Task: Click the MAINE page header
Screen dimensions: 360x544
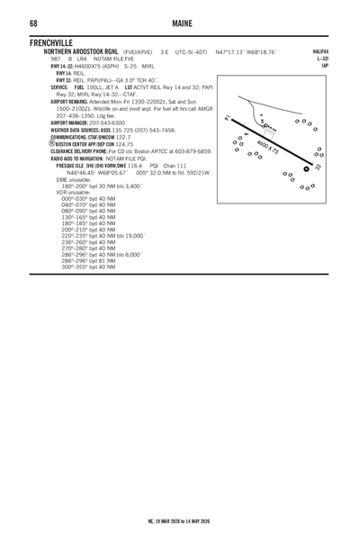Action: (179, 22)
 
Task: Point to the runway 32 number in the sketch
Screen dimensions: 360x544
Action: (317, 167)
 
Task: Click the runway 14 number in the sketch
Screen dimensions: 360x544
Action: (229, 117)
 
